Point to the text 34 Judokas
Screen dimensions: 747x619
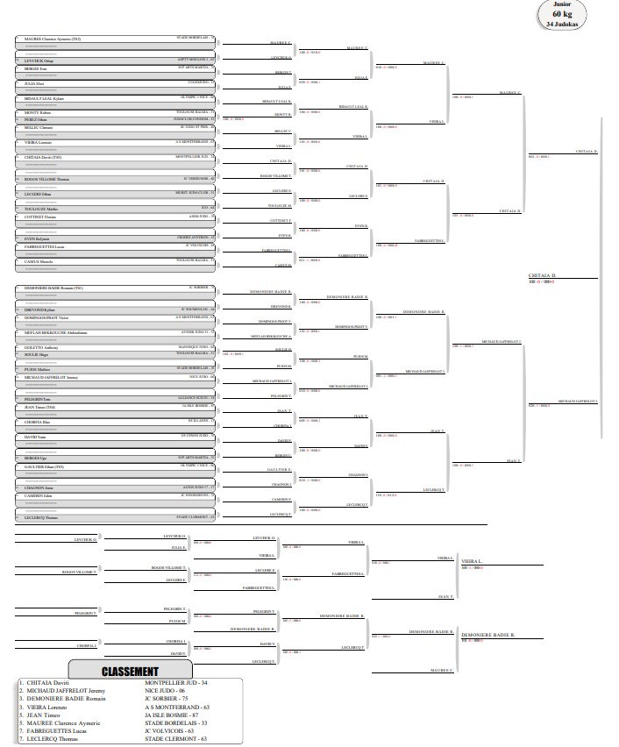pos(561,24)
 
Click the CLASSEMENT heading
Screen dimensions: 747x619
pos(129,671)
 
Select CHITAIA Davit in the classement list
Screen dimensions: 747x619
pos(46,682)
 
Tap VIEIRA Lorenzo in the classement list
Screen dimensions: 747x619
pos(46,706)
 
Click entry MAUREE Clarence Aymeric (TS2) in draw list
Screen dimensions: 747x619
pos(53,39)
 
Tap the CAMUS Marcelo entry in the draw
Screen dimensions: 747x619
pos(40,261)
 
